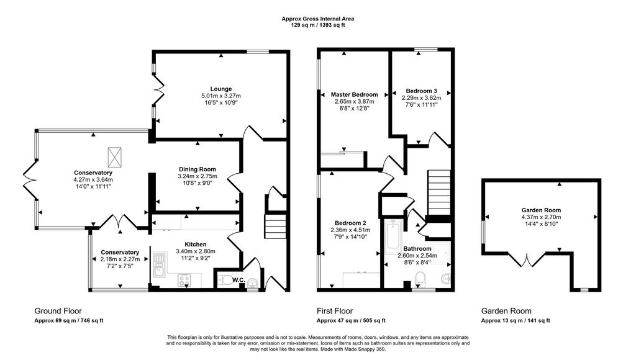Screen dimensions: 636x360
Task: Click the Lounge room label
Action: (221, 89)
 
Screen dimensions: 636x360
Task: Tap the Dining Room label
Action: (198, 169)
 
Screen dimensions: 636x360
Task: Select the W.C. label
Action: (238, 280)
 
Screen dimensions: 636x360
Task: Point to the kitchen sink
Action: (159, 265)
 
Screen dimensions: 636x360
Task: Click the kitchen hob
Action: (184, 280)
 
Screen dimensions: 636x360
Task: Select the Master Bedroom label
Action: (354, 94)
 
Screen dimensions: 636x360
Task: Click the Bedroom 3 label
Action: (422, 91)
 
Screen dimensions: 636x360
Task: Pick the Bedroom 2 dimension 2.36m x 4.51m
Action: (350, 230)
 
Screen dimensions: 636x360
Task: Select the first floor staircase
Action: (439, 192)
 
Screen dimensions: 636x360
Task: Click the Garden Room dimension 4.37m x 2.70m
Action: (541, 217)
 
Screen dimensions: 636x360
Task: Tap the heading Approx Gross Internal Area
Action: (318, 19)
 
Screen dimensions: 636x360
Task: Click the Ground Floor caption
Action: (58, 311)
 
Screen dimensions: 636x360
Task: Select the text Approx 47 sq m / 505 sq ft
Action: (351, 321)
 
